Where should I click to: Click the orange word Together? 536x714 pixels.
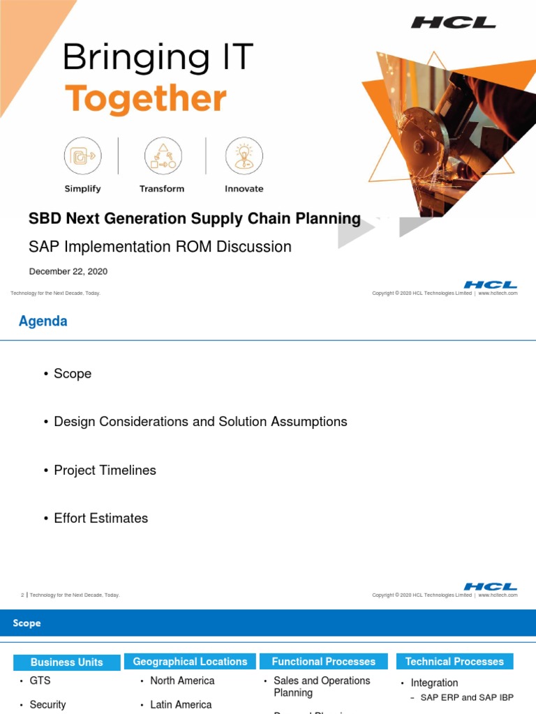[145, 100]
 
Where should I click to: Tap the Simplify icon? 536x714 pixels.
[83, 155]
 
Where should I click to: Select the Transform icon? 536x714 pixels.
[162, 155]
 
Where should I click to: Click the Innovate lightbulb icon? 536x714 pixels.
[244, 155]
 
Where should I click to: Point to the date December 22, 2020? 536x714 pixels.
[68, 271]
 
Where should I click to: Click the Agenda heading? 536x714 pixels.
[43, 321]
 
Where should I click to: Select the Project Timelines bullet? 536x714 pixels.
[105, 470]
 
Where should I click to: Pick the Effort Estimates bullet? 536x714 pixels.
[100, 518]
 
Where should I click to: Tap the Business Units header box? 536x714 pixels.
[67, 662]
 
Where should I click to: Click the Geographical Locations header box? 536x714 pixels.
[190, 662]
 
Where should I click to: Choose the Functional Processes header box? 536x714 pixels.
[323, 662]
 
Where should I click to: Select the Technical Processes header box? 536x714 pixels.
[454, 662]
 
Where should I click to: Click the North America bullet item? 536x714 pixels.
[182, 681]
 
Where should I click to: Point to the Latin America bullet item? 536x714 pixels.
[181, 705]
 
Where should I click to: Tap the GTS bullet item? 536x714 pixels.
[40, 681]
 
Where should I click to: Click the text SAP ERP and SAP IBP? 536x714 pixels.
[467, 697]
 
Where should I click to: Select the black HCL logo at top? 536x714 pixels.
[453, 23]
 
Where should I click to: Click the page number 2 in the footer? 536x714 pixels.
[22, 595]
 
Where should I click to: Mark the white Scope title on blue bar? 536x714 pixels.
[27, 623]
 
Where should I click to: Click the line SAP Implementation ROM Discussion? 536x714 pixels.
[160, 247]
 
